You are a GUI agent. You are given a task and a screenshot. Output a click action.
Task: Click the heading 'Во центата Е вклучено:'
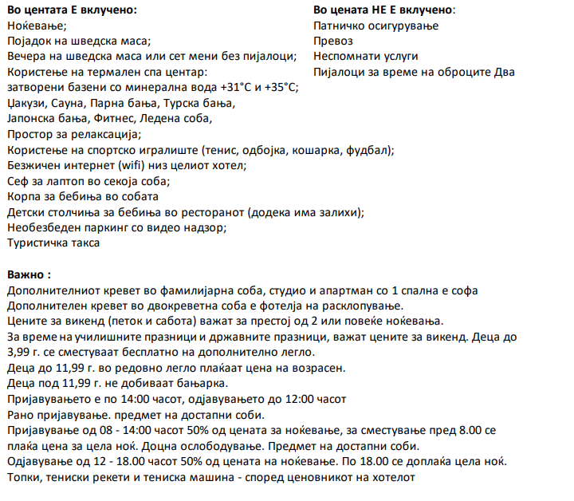tap(71, 10)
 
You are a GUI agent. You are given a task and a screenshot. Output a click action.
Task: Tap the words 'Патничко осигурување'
tap(365, 26)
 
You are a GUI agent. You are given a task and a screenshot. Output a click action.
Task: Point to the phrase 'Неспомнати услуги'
tap(365, 57)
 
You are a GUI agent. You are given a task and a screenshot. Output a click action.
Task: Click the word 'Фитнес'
tap(122, 119)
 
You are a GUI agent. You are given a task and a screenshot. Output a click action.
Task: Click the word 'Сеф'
tap(18, 180)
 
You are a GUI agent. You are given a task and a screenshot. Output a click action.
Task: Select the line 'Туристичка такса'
tap(53, 243)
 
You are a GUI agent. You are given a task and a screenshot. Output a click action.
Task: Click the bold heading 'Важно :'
tap(29, 274)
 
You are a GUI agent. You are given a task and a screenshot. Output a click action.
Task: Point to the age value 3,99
tap(18, 352)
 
